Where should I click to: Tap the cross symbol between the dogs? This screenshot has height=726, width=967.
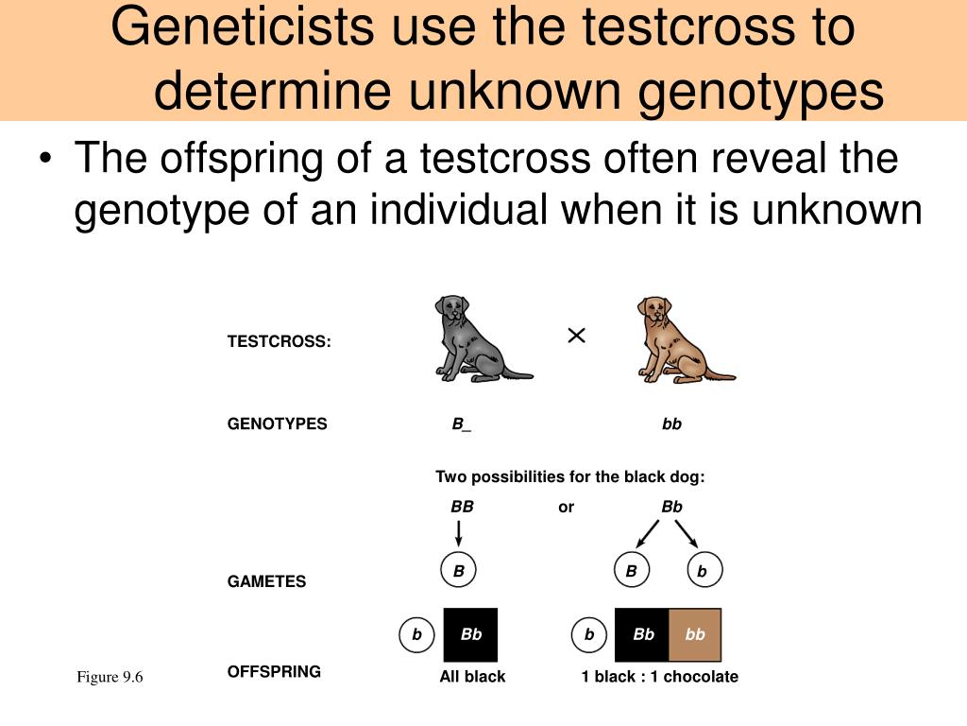pos(576,336)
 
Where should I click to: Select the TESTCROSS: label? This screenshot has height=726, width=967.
pos(279,341)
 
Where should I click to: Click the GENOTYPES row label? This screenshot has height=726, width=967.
pos(277,423)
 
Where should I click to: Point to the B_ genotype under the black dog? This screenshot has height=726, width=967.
pos(461,424)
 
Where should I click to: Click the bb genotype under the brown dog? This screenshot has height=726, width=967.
pos(671,424)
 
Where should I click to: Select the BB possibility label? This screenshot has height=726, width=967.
pos(462,507)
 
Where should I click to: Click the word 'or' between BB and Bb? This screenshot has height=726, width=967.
pos(567,508)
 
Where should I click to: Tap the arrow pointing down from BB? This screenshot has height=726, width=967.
pos(458,533)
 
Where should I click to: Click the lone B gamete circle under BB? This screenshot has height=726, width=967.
pos(458,570)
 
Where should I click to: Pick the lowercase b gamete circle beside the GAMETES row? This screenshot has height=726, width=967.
pos(704,570)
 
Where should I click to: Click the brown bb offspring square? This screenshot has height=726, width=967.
pos(695,634)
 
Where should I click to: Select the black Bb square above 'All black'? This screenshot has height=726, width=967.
pos(470,634)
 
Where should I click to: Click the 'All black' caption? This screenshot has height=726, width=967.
pos(472,677)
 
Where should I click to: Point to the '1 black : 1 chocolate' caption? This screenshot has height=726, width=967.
pos(659,677)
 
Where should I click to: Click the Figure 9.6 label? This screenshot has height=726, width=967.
pos(110,677)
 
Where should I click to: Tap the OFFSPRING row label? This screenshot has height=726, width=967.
pos(274,672)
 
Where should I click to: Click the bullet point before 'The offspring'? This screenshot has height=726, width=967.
pos(45,159)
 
